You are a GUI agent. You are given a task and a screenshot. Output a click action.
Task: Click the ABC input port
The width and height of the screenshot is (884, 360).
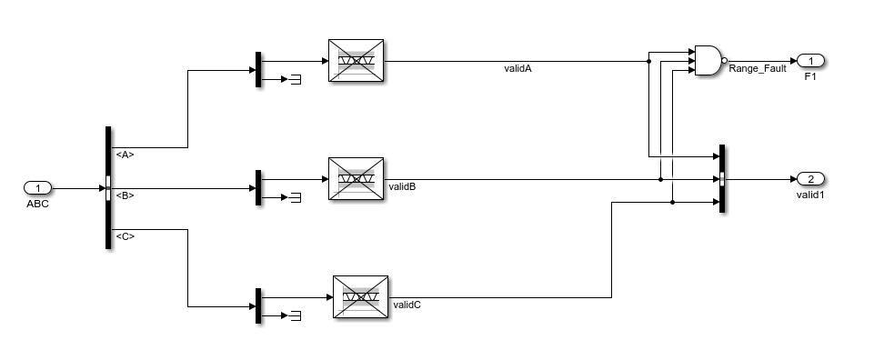38,188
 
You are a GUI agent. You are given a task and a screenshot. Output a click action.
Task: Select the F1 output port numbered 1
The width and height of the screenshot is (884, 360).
809,61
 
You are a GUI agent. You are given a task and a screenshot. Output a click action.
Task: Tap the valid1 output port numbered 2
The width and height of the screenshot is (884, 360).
809,178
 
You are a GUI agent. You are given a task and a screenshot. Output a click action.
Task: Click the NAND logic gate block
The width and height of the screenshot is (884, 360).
708,61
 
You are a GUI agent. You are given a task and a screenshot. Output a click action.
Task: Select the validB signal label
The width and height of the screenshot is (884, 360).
402,186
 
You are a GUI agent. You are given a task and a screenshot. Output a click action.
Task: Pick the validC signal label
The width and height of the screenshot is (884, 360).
407,305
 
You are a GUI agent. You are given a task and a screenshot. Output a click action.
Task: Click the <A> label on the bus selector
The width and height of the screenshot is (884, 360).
125,155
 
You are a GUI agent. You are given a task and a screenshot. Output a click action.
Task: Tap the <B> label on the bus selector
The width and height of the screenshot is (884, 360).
125,195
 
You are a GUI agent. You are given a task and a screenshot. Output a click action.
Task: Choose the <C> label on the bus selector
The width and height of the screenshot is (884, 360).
125,236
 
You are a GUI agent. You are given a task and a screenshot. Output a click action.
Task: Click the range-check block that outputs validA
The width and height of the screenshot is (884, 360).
356,62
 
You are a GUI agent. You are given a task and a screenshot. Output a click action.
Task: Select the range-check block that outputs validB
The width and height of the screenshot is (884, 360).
356,178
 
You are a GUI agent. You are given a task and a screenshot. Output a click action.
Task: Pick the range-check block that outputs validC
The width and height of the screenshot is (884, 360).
359,296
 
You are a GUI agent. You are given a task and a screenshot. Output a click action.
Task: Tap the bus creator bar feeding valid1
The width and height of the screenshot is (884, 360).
721,178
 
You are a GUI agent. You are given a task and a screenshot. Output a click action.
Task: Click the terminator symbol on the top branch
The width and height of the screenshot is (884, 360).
296,80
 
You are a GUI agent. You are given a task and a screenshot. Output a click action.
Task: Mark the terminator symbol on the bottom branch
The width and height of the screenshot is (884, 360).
296,315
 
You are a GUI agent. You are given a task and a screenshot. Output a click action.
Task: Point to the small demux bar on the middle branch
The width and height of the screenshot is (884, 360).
258,187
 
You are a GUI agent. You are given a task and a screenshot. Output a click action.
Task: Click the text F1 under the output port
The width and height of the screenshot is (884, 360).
809,77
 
